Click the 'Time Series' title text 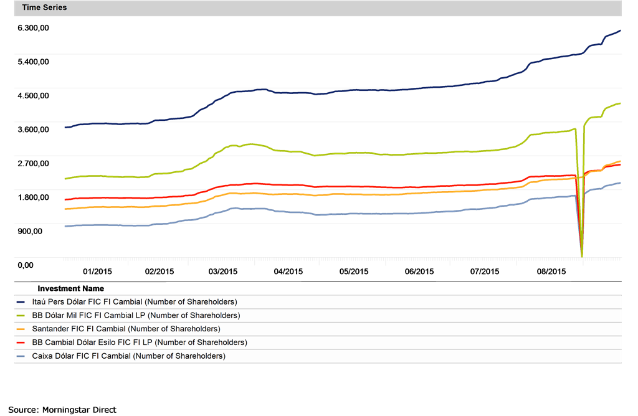(x=44, y=8)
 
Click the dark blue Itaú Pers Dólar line (x=312, y=93)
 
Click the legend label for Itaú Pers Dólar (x=134, y=302)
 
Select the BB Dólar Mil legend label (x=135, y=316)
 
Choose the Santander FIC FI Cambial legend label (x=125, y=329)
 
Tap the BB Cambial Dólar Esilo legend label (x=139, y=343)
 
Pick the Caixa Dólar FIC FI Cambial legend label (x=128, y=356)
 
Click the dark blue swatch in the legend (x=21, y=302)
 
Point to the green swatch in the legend (x=21, y=316)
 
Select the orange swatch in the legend (x=21, y=329)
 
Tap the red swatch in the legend (x=21, y=343)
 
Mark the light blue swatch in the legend (x=21, y=356)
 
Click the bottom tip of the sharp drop (x=582, y=256)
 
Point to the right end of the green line (x=621, y=103)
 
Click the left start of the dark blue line (x=65, y=127)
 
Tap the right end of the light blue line (x=621, y=182)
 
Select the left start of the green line (x=65, y=179)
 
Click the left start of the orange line (x=65, y=209)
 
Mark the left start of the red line (x=65, y=199)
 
